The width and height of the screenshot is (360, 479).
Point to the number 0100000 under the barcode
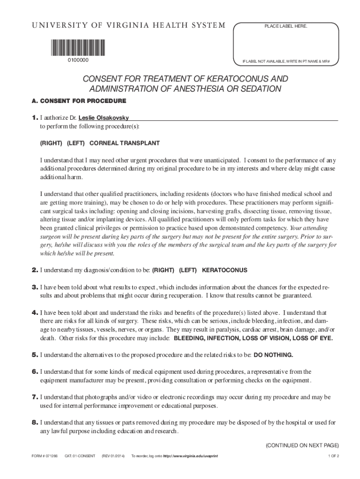pyautogui.click(x=77, y=60)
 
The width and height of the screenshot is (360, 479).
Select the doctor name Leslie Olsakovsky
pyautogui.click(x=104, y=117)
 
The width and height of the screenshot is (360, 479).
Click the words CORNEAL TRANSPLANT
pyautogui.click(x=124, y=143)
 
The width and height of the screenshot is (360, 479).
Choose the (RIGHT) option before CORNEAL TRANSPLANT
pyautogui.click(x=51, y=143)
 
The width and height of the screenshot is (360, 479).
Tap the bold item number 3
pyautogui.click(x=35, y=287)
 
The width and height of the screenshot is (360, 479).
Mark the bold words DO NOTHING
pyautogui.click(x=274, y=355)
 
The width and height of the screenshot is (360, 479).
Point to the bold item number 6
pyautogui.click(x=35, y=371)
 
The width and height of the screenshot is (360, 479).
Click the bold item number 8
pyautogui.click(x=35, y=422)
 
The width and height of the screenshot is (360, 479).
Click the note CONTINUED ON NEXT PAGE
pyautogui.click(x=302, y=445)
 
